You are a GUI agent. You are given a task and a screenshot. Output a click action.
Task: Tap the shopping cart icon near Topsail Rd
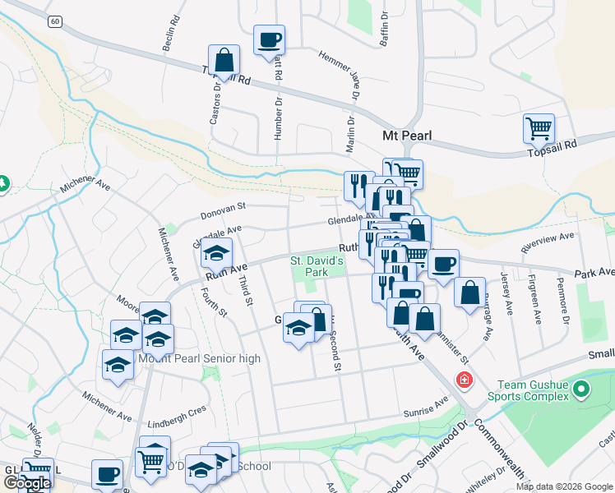(x=539, y=128)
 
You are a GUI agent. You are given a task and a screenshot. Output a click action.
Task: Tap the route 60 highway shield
(x=53, y=21)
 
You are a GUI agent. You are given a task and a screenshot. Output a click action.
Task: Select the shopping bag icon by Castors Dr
(x=224, y=60)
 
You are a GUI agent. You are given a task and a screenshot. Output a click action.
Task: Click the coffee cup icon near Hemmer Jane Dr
(x=269, y=39)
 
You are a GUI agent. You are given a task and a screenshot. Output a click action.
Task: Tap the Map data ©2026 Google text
(x=564, y=486)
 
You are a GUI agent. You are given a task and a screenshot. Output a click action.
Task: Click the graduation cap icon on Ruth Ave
(x=217, y=253)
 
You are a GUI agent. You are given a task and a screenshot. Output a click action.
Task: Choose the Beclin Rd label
(x=172, y=34)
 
